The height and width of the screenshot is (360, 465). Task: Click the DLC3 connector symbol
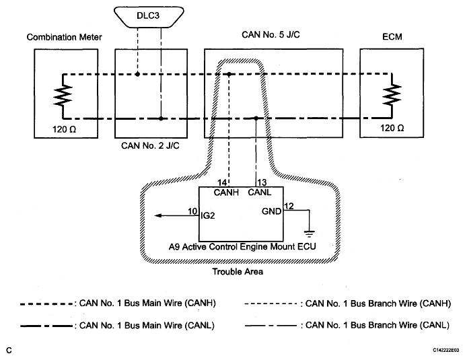click(x=149, y=17)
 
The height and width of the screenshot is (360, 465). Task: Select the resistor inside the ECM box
click(x=392, y=95)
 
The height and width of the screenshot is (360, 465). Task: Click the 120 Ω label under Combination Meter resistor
click(x=65, y=130)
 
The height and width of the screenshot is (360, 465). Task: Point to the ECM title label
click(x=392, y=37)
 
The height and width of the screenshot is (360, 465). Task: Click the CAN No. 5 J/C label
click(x=271, y=35)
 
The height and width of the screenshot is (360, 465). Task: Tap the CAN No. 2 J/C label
click(x=150, y=146)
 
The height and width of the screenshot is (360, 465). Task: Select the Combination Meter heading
click(x=64, y=37)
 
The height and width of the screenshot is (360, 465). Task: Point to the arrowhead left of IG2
click(x=158, y=215)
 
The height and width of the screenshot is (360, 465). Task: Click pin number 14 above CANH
click(x=222, y=182)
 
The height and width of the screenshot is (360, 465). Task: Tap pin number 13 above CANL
click(x=262, y=182)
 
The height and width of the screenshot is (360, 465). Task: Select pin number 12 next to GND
click(x=289, y=206)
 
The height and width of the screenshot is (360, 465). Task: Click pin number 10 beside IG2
click(x=192, y=211)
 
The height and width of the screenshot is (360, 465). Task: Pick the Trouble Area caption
click(x=238, y=272)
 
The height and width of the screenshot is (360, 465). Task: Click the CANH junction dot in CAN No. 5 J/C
click(x=229, y=74)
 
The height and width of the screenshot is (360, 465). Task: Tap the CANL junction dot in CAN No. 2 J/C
click(x=161, y=118)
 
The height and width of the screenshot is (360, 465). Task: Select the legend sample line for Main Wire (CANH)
click(x=46, y=304)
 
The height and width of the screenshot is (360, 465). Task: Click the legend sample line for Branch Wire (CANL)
click(x=271, y=326)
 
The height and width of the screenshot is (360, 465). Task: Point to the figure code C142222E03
click(x=445, y=350)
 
